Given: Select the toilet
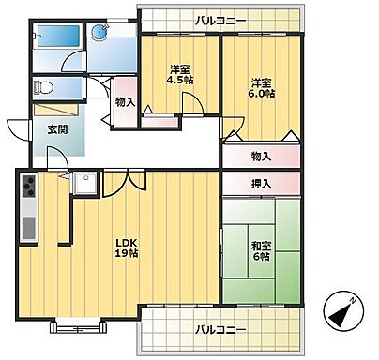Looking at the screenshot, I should [x=45, y=88].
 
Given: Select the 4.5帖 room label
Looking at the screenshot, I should [x=180, y=76].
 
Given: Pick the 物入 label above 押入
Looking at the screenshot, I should [x=262, y=157].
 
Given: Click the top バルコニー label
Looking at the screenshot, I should [x=221, y=19].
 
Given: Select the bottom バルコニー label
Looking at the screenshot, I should [x=221, y=330].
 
